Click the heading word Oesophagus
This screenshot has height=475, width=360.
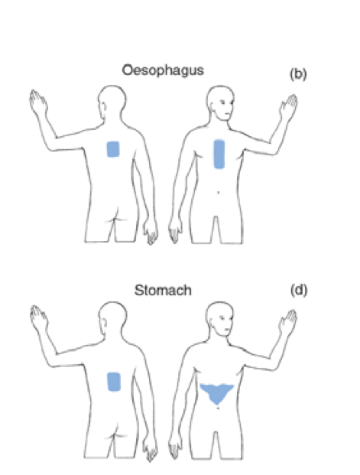point(163,70)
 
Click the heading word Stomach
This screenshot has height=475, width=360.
point(163,290)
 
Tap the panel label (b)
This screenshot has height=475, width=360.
point(298,74)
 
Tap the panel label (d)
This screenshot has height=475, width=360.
point(299,290)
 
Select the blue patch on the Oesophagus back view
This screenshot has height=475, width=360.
point(113,149)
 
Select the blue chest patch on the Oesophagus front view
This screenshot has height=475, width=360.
point(219,154)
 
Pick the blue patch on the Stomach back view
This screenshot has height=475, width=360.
point(114,382)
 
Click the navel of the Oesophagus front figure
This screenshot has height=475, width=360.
point(219,192)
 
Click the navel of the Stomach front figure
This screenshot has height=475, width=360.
point(218,408)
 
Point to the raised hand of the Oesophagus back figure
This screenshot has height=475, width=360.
point(37,100)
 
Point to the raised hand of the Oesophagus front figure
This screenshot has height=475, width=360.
point(289,106)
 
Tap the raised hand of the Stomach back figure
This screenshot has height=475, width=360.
point(38,317)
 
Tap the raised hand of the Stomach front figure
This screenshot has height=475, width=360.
point(288,322)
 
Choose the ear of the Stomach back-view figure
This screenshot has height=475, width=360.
point(104,322)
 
